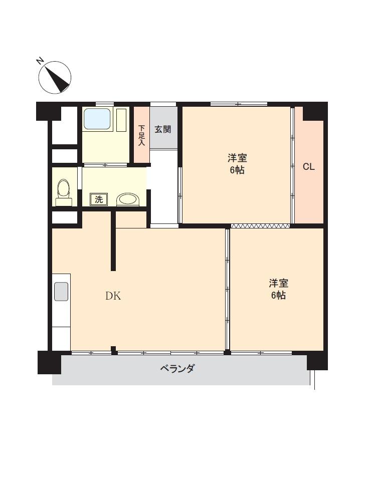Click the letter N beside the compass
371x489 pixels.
pos(40,61)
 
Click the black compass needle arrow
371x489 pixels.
pos(58,78)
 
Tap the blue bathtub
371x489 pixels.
pos(98,119)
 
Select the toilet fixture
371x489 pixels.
pos(64,192)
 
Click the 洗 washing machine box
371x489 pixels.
pos(99,199)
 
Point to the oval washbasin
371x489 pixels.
pos(128,199)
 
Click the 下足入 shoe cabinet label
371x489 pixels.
pos(142,135)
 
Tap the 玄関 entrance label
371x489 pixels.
pos(163,129)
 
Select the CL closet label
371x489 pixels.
pos(309,167)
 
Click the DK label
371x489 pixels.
pos(113,296)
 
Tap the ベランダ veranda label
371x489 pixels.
pos(177,369)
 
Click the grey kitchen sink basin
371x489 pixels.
pos(61,292)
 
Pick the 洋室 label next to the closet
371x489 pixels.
pos(237,158)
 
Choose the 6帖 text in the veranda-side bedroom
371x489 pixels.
pos(278,295)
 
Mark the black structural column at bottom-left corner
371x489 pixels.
pos(49,362)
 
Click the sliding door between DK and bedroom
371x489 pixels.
pos(228,289)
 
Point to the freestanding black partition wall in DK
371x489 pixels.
pos(114,241)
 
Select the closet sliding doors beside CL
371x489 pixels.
pos(292,165)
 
